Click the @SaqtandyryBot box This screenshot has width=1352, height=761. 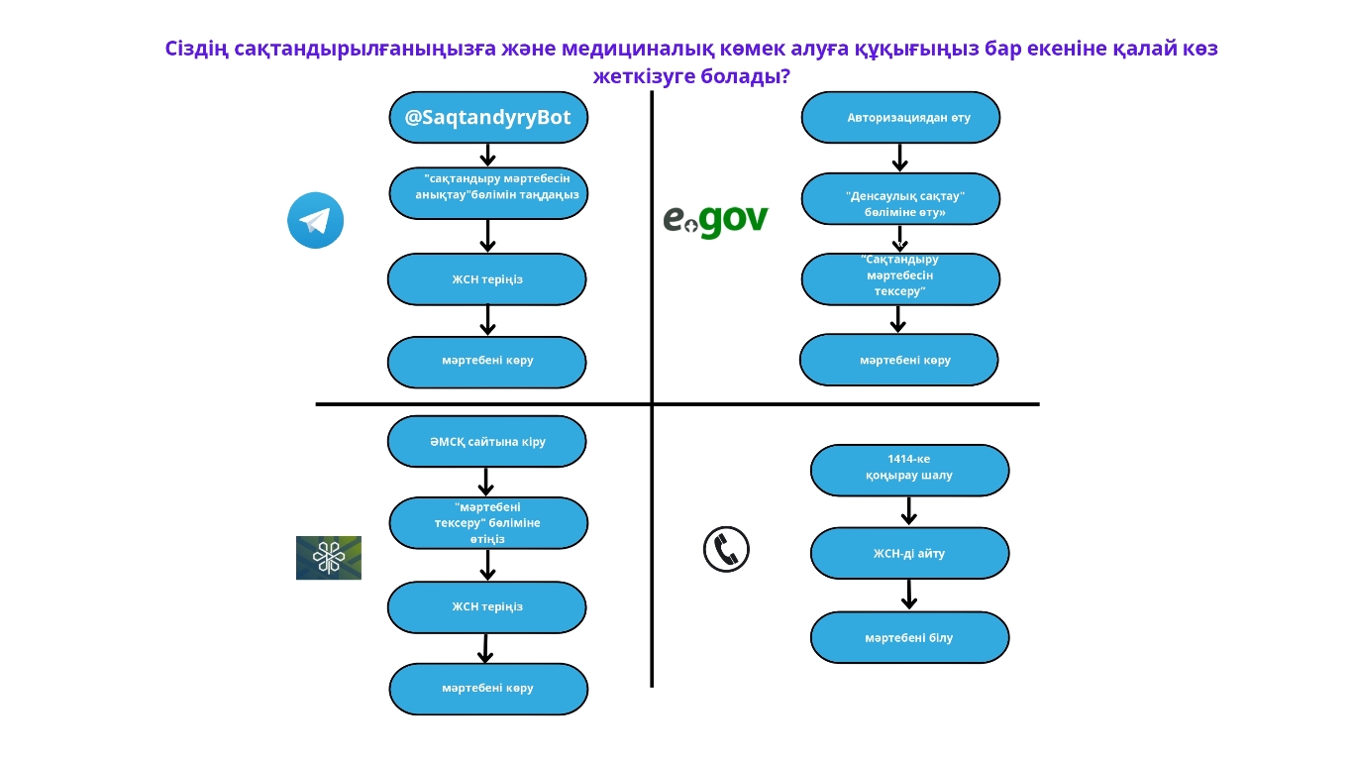pos(488,118)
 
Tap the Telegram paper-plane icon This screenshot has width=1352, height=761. pos(315,220)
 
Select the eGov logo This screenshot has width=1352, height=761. pos(715,219)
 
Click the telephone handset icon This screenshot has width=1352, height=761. pos(726,549)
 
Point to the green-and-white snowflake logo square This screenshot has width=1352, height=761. pos(329,558)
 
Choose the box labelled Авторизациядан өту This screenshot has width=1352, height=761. pos(900,118)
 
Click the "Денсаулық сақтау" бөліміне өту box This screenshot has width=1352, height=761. pos(900,199)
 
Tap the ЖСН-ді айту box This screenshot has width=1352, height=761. pos(909,553)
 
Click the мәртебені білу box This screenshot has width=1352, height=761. pos(909,637)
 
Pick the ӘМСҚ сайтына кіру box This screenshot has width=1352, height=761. pos(486,441)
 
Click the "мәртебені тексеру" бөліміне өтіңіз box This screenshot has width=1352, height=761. pos(488,523)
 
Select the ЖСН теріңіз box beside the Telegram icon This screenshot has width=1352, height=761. pos(486,279)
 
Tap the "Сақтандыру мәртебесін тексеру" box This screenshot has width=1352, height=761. pos(900,278)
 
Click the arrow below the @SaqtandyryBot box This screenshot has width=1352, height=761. pos(487,156)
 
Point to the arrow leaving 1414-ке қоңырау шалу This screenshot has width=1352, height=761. pos(909,511)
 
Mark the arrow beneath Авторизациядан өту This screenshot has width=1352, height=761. pos(899,158)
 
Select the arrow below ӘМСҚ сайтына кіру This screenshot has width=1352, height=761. pos(486,482)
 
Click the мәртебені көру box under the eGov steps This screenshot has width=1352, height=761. pos(898,360)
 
